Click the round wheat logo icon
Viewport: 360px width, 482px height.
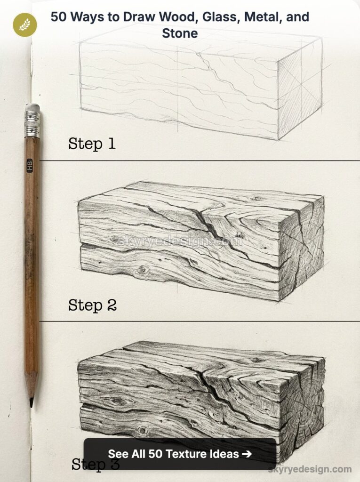[x=24, y=24]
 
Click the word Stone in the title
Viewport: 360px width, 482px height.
[x=180, y=33]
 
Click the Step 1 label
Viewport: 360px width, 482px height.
[x=92, y=143]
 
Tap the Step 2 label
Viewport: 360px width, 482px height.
[x=92, y=305]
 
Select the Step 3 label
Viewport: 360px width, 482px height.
[x=94, y=464]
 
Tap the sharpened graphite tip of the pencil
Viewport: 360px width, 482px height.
[x=31, y=402]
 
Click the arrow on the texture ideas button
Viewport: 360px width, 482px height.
[x=246, y=454]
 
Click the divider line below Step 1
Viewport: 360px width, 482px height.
[x=198, y=161]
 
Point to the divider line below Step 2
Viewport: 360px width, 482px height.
[x=198, y=321]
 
